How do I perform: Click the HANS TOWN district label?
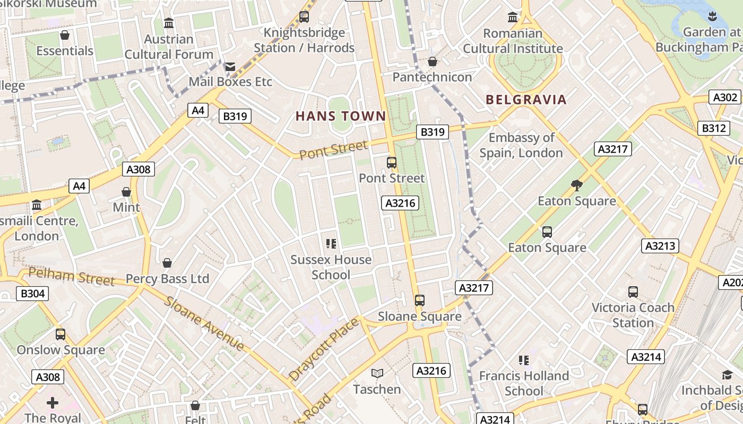point(341,116)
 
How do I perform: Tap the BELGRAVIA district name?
point(526,100)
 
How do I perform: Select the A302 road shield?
point(725,98)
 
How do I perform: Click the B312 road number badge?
point(714,128)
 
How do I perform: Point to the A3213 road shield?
point(660,246)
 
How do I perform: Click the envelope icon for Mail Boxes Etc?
point(230,67)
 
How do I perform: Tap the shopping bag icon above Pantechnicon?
point(433,62)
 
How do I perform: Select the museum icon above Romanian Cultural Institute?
point(513,17)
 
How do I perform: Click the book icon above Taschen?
point(377,374)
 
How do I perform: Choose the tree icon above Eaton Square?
point(577,185)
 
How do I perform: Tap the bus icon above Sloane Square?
point(420,301)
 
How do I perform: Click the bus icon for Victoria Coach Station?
point(633,291)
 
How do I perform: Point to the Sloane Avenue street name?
point(204,324)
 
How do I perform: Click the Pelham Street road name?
point(71,276)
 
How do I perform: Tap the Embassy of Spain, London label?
point(521,145)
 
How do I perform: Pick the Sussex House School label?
point(331,267)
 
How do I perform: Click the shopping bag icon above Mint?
point(126,192)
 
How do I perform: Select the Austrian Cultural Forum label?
point(169,47)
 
